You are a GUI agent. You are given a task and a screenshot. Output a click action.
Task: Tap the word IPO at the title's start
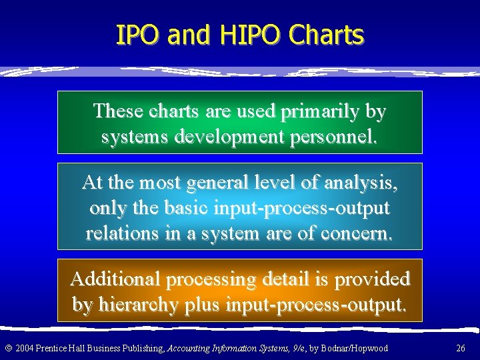click(139, 35)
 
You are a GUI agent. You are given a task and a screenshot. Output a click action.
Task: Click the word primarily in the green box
click(322, 111)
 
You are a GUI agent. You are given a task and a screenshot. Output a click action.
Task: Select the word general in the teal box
click(217, 183)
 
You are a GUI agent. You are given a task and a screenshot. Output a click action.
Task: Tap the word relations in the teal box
click(129, 233)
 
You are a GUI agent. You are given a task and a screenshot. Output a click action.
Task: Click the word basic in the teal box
click(179, 208)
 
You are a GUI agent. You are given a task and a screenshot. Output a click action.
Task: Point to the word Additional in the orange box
click(113, 279)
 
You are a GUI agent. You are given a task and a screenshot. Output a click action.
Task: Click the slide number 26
click(460, 348)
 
